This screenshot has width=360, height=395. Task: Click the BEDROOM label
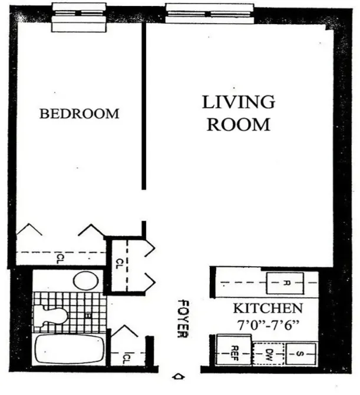[79, 114]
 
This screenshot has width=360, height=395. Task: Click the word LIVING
[239, 102]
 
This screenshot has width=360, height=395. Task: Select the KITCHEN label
[267, 308]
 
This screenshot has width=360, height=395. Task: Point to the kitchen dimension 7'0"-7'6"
[268, 323]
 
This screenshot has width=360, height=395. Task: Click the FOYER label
[181, 320]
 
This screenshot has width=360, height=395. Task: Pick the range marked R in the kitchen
[286, 283]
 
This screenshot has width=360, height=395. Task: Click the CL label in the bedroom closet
[61, 257]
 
